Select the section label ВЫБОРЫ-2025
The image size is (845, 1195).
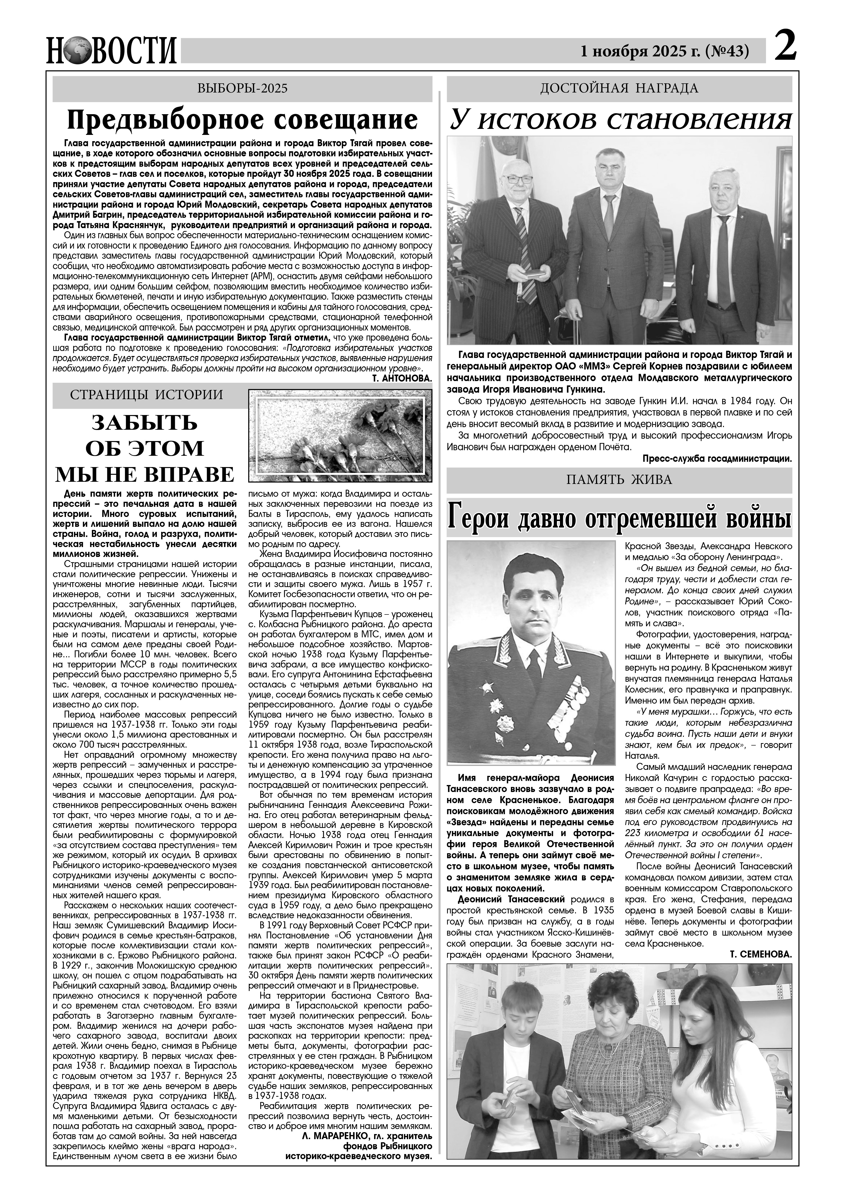[243, 88]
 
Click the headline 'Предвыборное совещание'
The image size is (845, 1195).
[243, 120]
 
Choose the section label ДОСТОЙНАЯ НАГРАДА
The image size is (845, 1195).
[619, 88]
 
